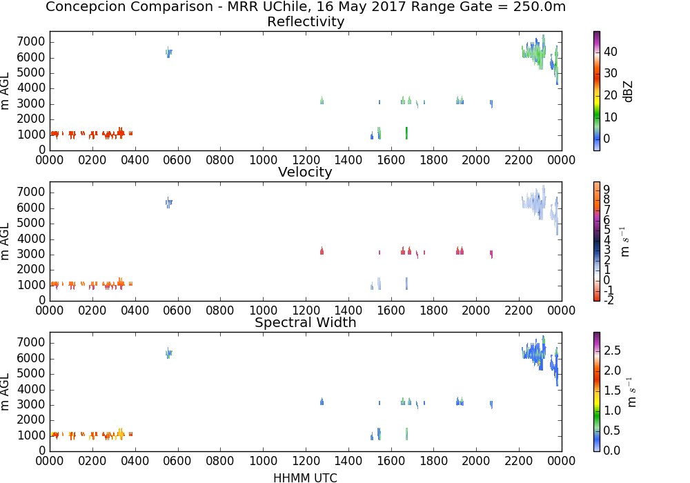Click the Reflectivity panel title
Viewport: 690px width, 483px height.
point(306,21)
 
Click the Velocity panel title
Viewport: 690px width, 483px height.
point(305,172)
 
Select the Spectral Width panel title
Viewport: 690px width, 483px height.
point(306,322)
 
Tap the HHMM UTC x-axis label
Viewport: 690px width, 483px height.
point(305,477)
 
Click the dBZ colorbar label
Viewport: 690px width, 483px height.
point(628,92)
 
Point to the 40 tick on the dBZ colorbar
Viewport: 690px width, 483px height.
point(611,52)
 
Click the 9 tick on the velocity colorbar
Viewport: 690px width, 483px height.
point(607,190)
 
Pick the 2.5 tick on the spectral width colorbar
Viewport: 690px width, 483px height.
point(612,351)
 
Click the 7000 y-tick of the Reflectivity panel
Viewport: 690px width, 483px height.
point(31,42)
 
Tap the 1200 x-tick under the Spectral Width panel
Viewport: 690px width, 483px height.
point(306,461)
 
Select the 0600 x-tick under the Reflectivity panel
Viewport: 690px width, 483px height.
point(177,160)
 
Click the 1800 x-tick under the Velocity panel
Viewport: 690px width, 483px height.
point(433,310)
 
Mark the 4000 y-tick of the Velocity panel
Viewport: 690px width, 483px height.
point(31,239)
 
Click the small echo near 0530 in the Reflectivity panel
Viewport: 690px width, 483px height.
point(168,52)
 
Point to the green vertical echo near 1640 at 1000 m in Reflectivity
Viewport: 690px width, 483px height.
point(406,133)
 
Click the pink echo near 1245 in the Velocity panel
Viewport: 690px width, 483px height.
point(322,250)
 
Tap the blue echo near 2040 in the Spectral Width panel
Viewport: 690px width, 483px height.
point(491,404)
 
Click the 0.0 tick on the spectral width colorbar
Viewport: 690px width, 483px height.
point(612,451)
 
